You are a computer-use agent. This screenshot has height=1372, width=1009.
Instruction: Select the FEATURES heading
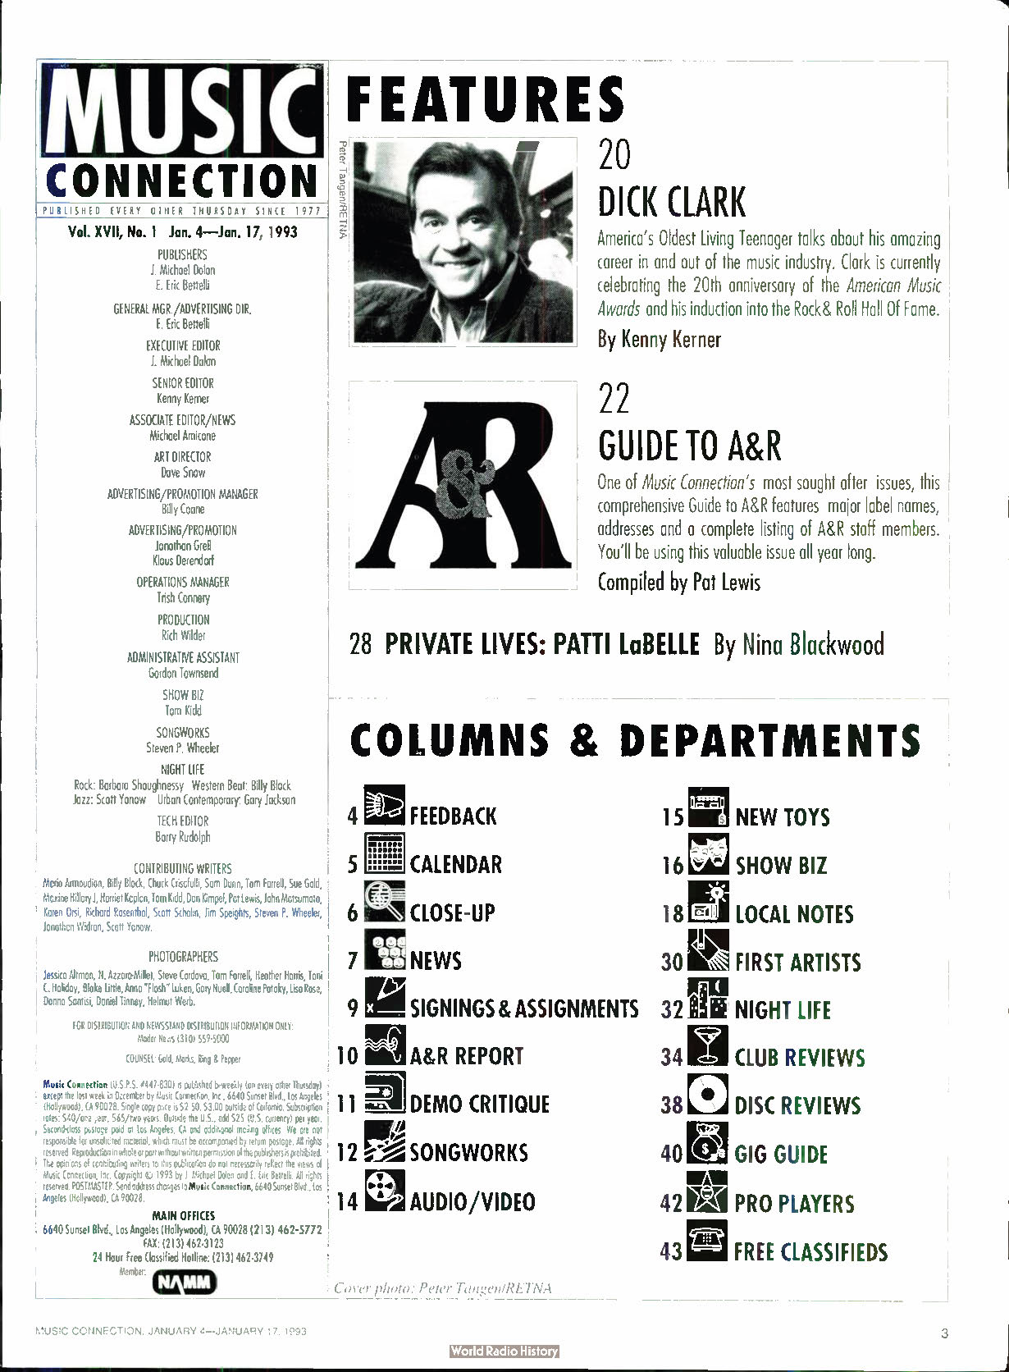[486, 98]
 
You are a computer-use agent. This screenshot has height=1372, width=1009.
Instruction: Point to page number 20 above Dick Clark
[614, 154]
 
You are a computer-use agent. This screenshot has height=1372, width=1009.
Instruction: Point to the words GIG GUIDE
[781, 1154]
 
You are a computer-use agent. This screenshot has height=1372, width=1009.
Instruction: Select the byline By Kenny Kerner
[659, 339]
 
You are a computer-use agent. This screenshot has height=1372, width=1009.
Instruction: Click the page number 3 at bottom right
[944, 1333]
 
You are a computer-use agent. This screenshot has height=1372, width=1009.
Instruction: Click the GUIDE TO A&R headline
[689, 446]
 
